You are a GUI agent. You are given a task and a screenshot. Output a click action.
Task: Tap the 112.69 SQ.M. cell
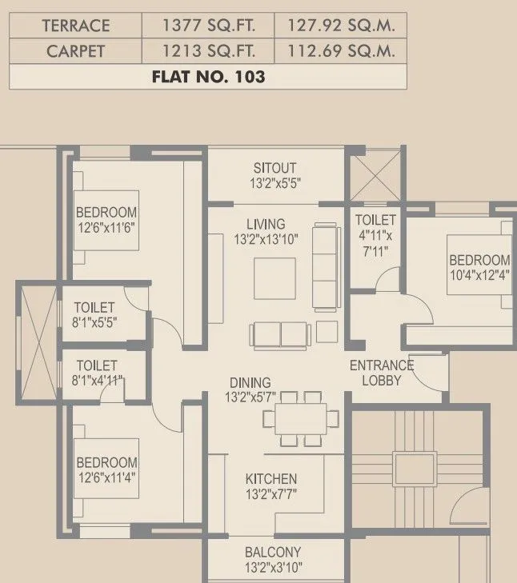pos(339,51)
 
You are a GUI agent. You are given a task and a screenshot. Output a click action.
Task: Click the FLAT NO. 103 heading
pos(207,78)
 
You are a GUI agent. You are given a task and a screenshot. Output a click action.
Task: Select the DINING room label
pos(250,383)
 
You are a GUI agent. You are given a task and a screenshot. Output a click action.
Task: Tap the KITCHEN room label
pos(271,479)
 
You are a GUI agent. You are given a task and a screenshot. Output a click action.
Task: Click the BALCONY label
pos(273,552)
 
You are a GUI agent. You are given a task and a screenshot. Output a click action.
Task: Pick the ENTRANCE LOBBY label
pos(381,373)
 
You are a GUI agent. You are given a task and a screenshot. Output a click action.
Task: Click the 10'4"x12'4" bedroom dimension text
pos(479,275)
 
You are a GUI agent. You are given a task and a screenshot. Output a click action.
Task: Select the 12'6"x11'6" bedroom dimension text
pos(106,227)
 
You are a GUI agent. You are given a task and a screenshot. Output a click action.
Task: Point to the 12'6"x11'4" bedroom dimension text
pos(106,477)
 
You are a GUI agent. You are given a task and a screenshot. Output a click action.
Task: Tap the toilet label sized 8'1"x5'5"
pos(94,315)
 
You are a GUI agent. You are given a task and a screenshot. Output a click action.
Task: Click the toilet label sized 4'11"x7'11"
pos(375,236)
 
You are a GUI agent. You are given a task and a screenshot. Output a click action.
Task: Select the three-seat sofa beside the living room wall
pos(325,266)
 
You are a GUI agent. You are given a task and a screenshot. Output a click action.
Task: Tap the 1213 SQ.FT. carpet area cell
pos(207,51)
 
